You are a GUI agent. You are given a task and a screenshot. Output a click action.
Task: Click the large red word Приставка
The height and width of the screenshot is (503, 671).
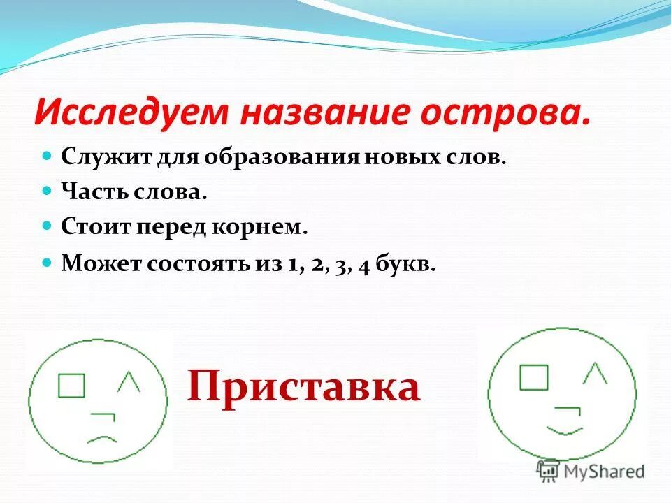click(x=303, y=387)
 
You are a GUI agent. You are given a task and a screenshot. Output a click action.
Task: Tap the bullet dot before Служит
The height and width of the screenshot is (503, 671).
click(x=48, y=154)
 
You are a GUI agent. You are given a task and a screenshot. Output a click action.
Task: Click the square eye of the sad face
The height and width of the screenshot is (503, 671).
click(x=71, y=386)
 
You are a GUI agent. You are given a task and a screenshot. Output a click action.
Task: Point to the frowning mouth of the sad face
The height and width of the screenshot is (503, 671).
click(x=101, y=440)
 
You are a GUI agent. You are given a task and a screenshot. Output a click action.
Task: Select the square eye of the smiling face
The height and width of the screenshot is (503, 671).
click(x=533, y=377)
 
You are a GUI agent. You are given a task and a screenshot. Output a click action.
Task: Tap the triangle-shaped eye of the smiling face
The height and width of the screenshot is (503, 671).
click(x=594, y=374)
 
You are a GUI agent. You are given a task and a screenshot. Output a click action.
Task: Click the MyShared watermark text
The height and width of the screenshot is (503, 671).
click(x=601, y=471)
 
